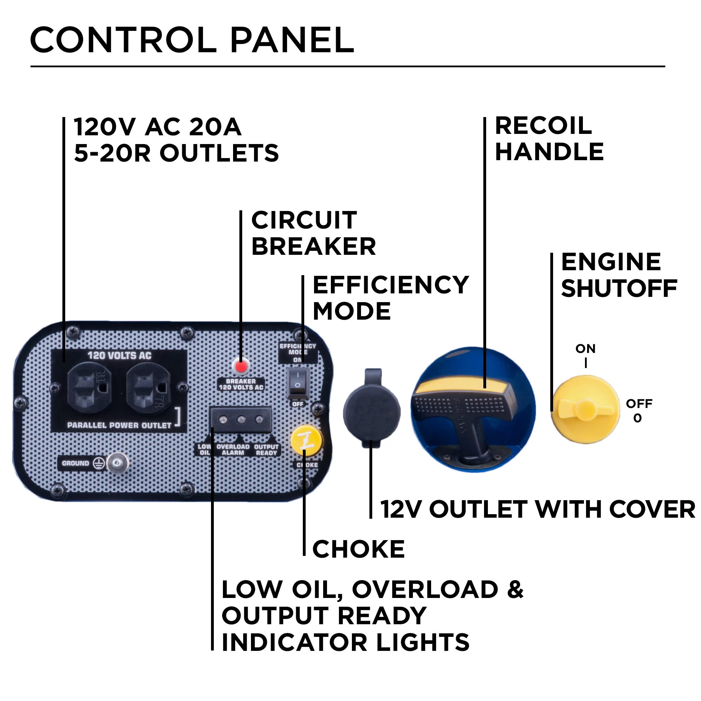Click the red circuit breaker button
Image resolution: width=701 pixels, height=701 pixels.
(241, 367)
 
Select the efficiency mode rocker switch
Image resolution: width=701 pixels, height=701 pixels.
(298, 382)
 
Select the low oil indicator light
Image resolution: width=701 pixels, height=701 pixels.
(224, 420)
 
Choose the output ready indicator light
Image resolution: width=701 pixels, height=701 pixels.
(259, 420)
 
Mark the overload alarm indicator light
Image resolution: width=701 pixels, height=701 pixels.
(241, 420)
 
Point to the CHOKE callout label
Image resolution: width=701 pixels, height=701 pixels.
(358, 549)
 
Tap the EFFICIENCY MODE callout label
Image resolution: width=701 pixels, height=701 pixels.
(390, 298)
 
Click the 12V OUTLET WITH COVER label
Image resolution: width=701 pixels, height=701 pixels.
(537, 509)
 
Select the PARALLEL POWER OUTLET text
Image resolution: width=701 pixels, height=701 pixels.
(119, 425)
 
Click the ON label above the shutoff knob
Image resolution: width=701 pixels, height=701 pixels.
(585, 349)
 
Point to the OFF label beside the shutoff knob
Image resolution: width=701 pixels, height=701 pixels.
(639, 403)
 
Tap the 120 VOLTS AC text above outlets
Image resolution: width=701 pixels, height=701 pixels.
(120, 355)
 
